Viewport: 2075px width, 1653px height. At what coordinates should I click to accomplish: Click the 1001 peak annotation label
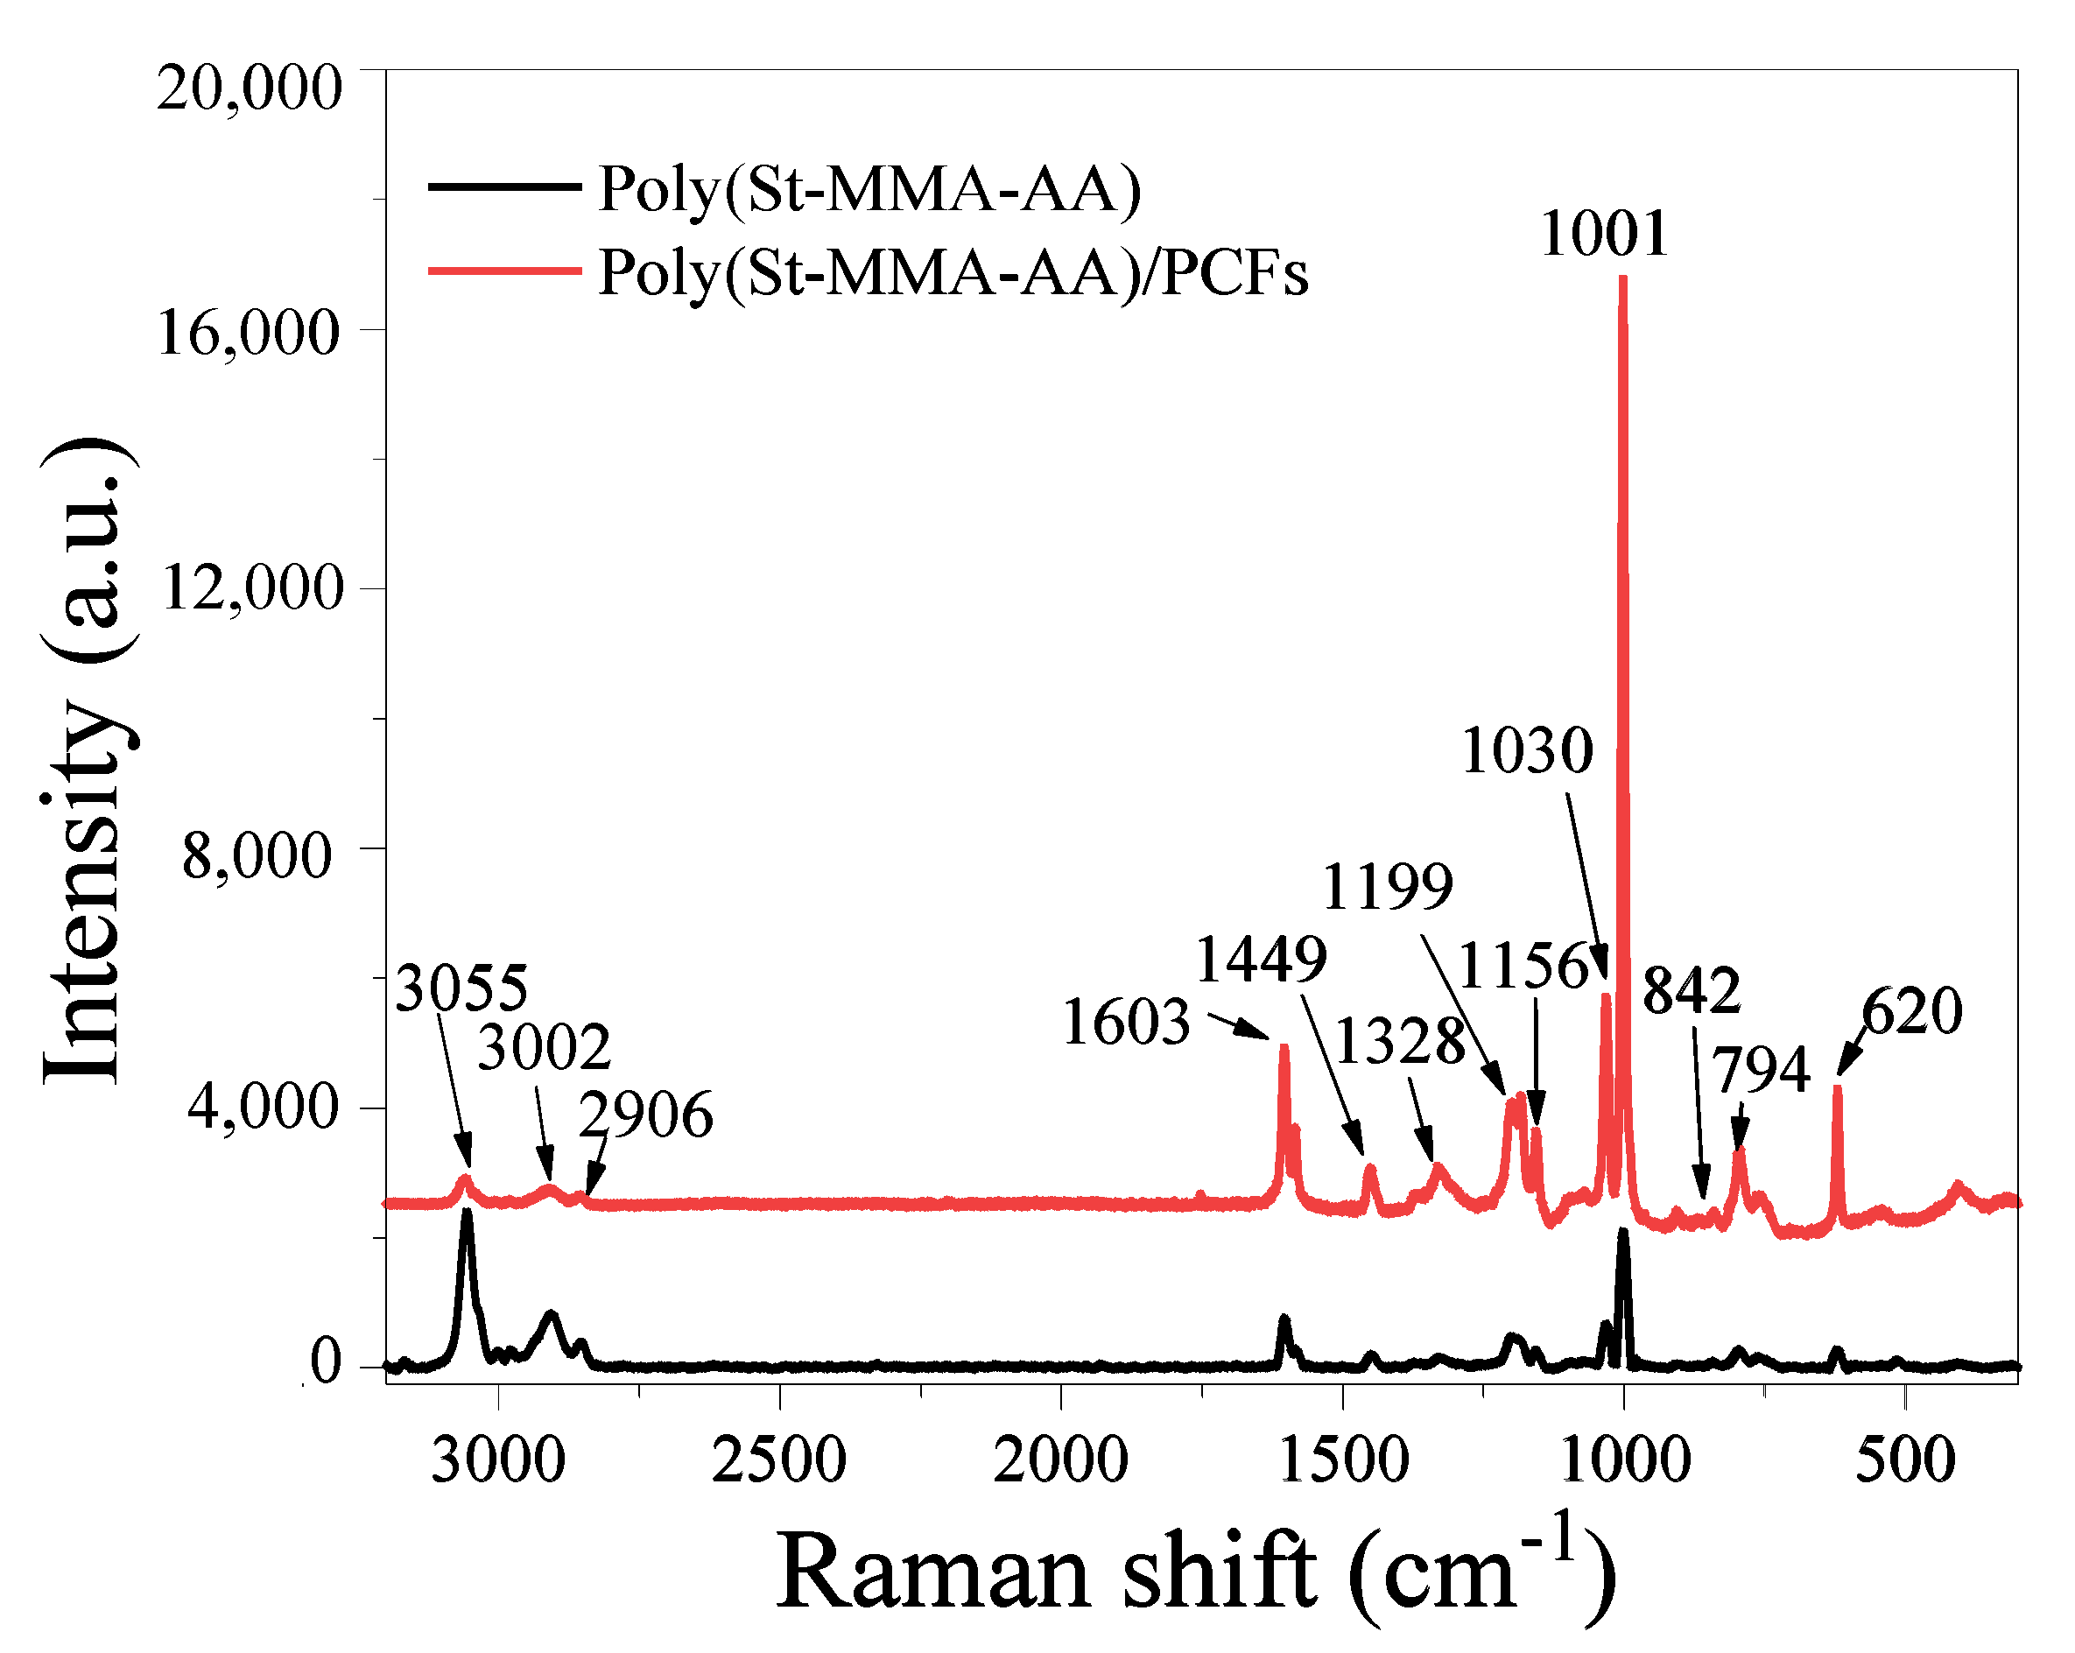[x=1603, y=234]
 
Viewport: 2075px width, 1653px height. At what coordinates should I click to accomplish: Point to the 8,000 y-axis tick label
[x=257, y=855]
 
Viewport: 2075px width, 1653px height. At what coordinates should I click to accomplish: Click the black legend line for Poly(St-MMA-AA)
[x=504, y=186]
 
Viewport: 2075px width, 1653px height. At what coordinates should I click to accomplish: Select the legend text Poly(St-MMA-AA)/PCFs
[x=953, y=271]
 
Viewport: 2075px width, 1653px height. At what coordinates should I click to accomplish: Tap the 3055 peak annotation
[x=462, y=988]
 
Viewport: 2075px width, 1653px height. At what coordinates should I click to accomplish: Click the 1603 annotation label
[x=1126, y=1022]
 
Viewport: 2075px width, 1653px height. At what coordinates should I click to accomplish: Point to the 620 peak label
[x=1911, y=1011]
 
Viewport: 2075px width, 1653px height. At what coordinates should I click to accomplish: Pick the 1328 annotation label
[x=1399, y=1041]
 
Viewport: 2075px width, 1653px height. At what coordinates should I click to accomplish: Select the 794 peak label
[x=1761, y=1069]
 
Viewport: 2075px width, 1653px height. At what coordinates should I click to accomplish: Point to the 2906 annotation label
[x=646, y=1115]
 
